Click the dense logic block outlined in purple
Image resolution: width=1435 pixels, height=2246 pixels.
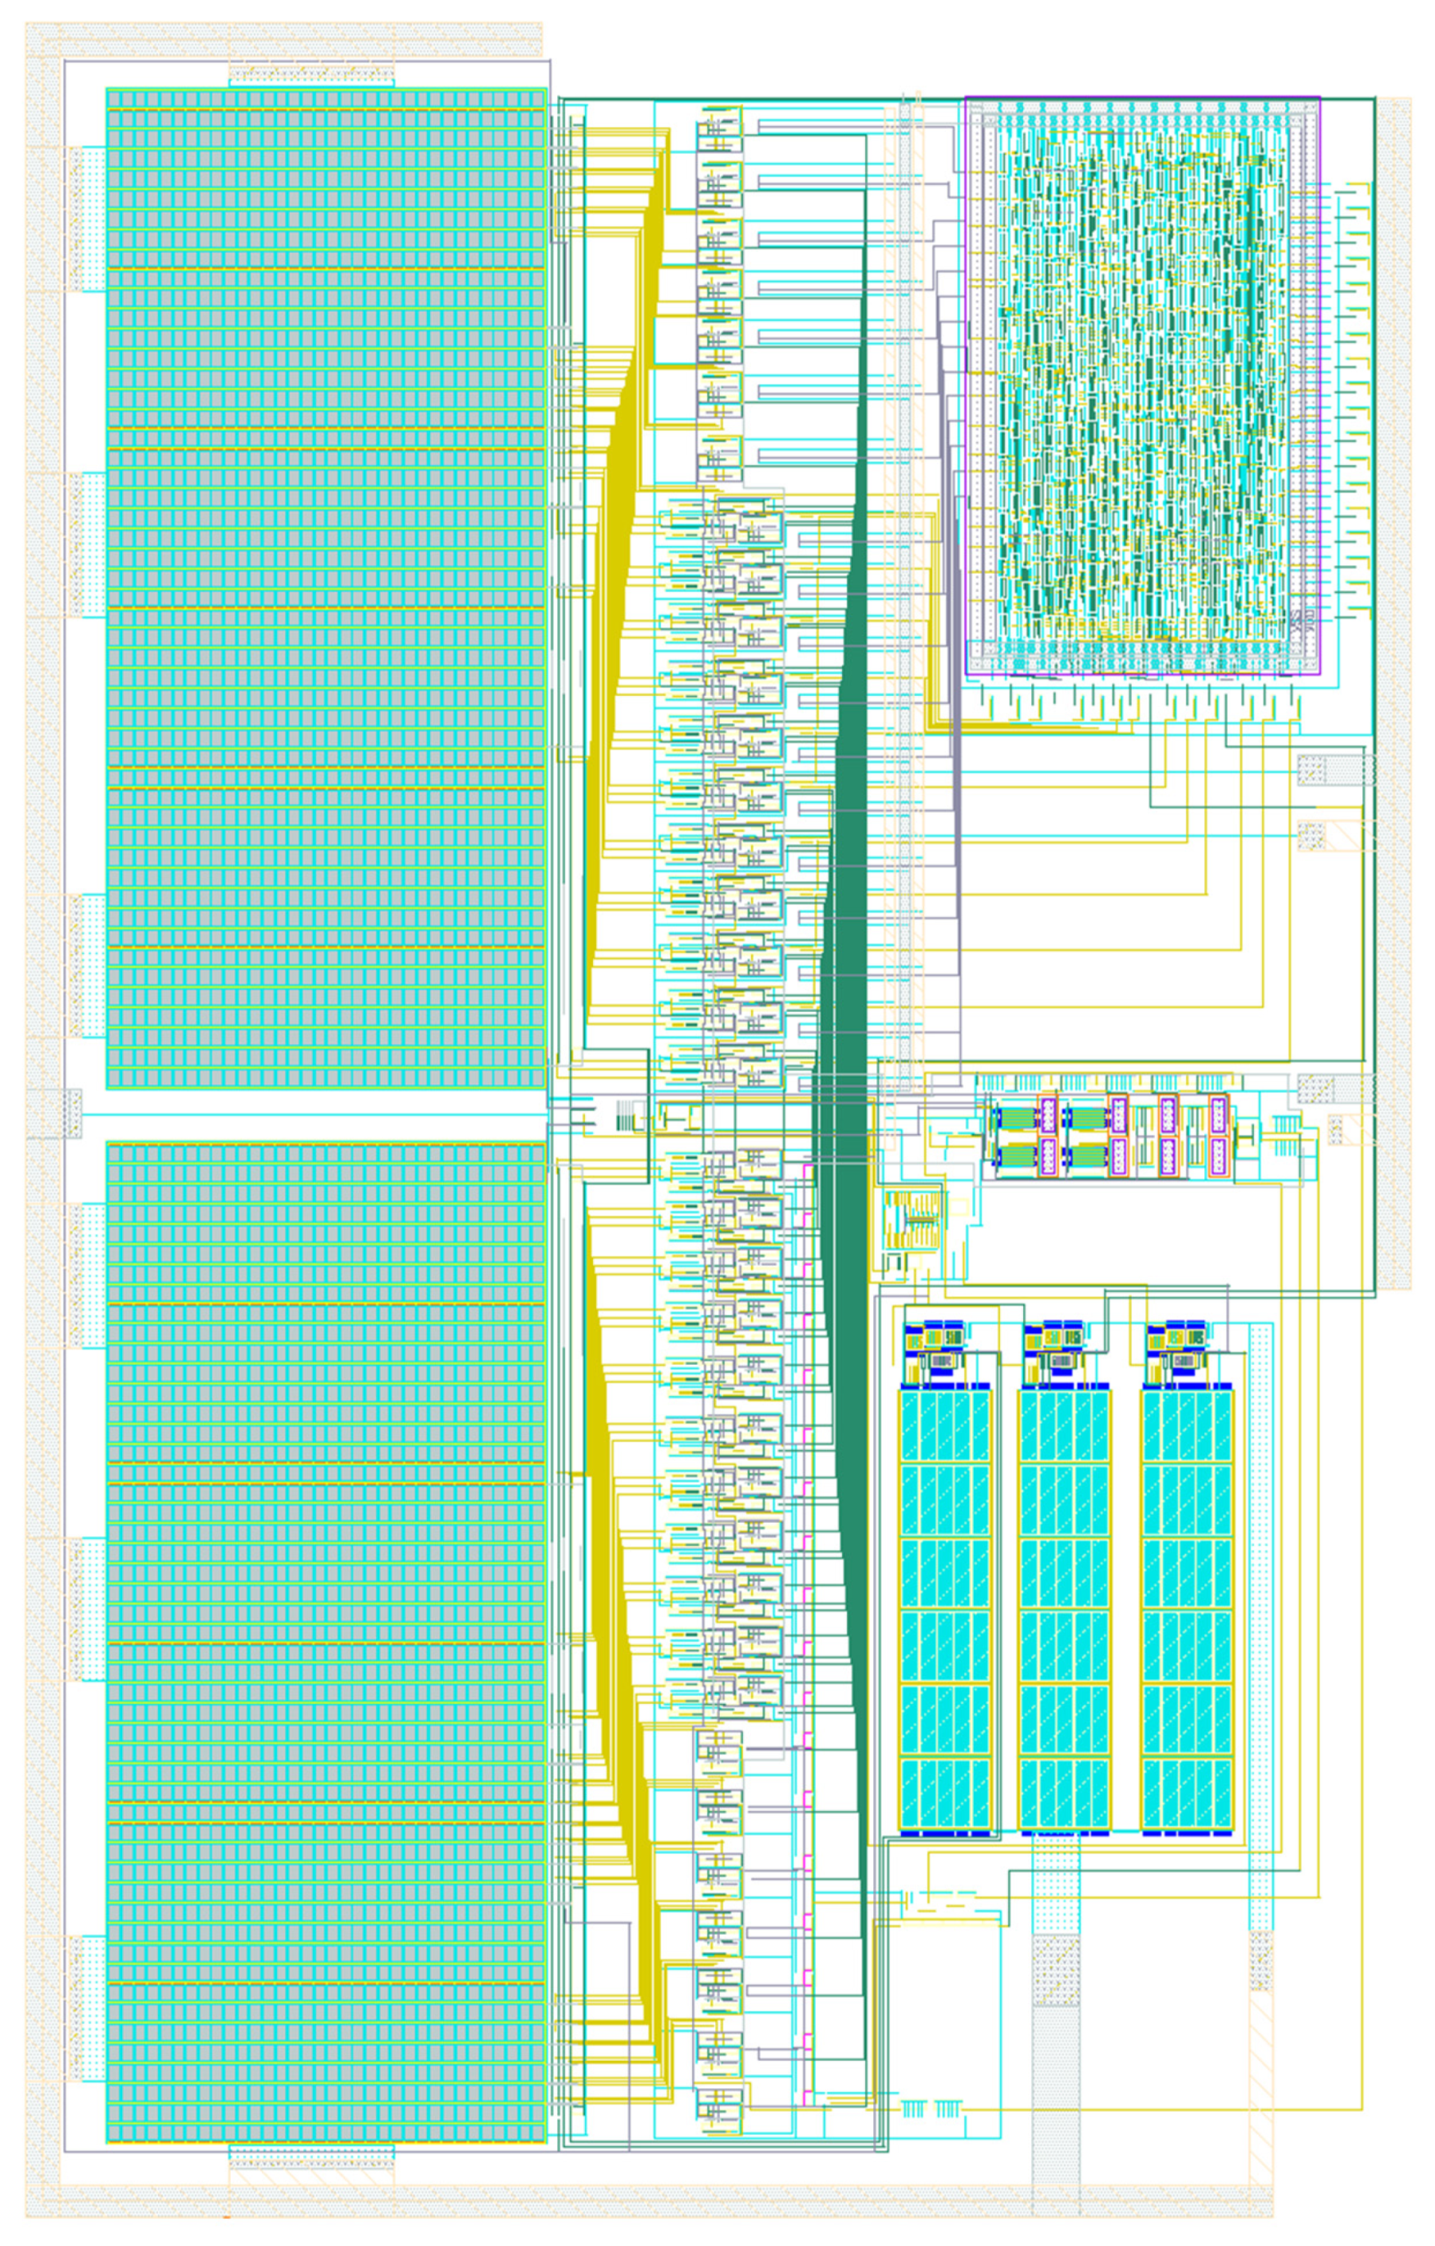[1142, 384]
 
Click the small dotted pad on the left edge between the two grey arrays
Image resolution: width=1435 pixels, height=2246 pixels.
[54, 1112]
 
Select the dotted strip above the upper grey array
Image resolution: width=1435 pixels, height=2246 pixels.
[311, 73]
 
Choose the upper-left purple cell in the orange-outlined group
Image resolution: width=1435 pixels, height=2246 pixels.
[1047, 1114]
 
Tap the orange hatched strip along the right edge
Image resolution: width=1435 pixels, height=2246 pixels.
[1395, 690]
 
